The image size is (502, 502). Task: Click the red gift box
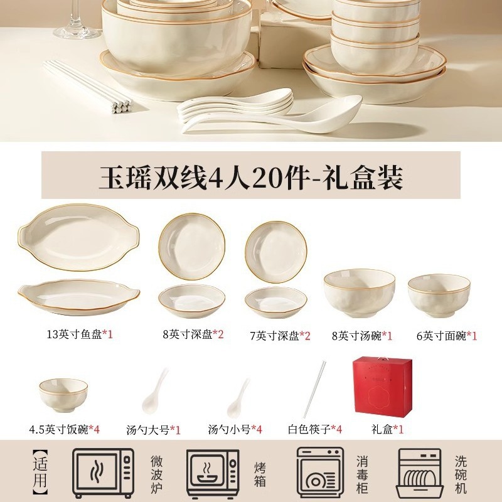382,387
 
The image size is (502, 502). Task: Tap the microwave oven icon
103,473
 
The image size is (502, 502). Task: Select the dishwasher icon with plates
420,474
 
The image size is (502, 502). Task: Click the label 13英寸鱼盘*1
80,334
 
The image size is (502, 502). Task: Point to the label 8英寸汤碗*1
362,336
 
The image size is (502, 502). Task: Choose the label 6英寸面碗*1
447,336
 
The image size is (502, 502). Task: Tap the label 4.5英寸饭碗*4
65,429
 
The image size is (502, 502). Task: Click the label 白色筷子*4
315,429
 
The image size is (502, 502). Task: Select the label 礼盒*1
387,429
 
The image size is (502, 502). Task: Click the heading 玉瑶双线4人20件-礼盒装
250,176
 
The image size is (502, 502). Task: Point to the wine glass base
77,31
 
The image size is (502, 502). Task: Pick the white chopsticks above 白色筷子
314,389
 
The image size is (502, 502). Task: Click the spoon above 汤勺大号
155,392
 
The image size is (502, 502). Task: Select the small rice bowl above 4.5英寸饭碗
63,395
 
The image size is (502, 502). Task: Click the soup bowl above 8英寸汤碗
359,292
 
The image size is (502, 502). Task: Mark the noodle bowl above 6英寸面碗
439,295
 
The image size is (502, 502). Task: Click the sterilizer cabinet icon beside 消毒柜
320,473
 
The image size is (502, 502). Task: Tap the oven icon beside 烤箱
213,473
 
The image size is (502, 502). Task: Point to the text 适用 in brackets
40,473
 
